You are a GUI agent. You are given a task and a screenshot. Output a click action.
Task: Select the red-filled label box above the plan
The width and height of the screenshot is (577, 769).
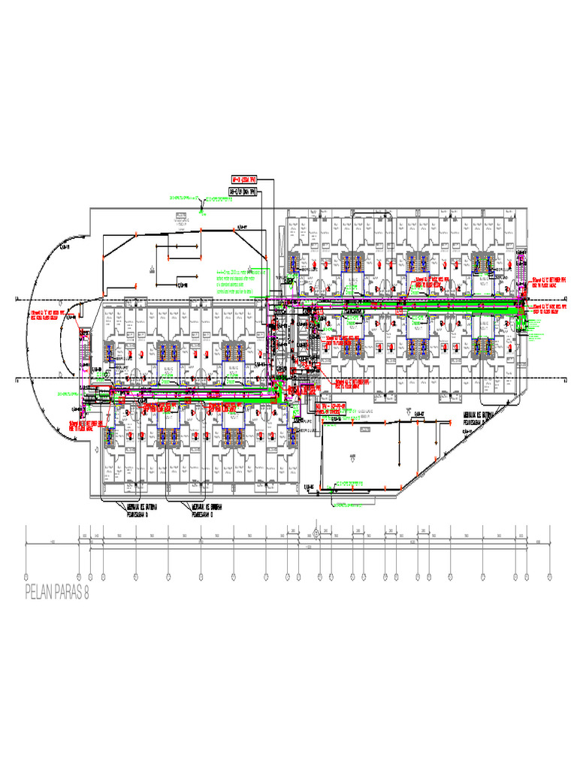tap(243, 179)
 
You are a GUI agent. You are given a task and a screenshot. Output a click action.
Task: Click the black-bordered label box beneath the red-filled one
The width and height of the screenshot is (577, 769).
tap(243, 192)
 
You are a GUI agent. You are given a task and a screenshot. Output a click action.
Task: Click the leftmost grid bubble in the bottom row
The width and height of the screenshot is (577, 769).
tap(26, 577)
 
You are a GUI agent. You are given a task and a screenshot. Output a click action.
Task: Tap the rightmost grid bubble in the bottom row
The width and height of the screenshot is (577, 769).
tap(549, 577)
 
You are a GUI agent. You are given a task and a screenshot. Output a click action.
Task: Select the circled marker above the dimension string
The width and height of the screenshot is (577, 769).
tap(316, 534)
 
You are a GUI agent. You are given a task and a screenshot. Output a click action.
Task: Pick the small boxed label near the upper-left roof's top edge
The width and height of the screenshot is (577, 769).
tap(181, 217)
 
